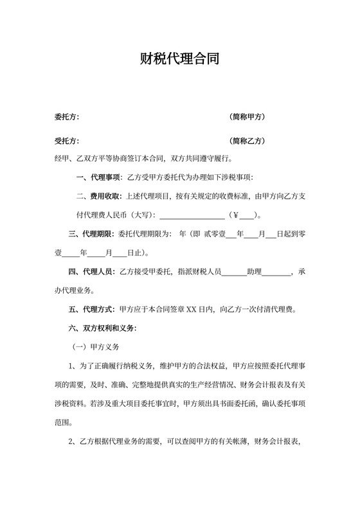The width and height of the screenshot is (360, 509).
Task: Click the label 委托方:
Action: (67, 118)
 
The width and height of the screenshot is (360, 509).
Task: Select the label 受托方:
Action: (67, 141)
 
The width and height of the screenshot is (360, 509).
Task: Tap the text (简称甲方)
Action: (248, 118)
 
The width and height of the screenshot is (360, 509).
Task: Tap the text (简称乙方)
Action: (248, 141)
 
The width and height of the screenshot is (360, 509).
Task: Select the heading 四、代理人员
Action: (91, 272)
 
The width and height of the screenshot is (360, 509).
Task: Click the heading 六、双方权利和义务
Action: (102, 328)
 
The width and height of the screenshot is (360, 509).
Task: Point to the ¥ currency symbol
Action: (236, 215)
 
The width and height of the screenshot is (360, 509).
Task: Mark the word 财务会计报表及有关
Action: (265, 386)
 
